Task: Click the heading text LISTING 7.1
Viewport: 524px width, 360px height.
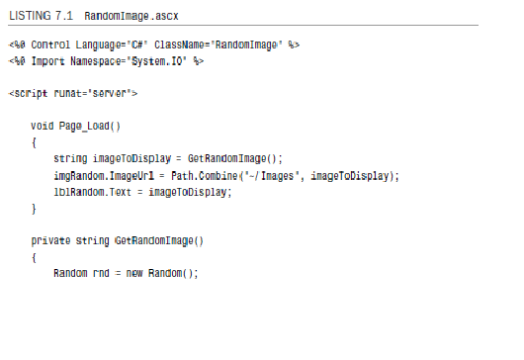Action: (43, 17)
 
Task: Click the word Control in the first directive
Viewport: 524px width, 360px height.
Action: (48, 45)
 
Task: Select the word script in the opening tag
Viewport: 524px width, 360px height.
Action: (32, 93)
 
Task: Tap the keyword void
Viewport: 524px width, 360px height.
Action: (43, 127)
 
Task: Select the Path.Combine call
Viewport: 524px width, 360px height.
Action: (204, 176)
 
